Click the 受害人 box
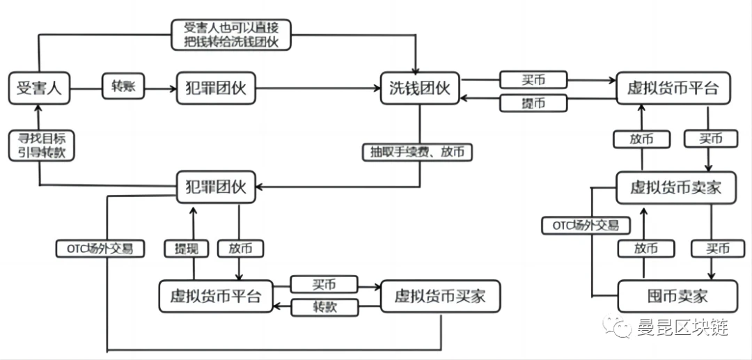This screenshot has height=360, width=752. click(x=40, y=88)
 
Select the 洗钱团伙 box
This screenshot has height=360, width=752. click(x=420, y=88)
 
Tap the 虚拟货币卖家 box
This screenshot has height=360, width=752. click(x=675, y=187)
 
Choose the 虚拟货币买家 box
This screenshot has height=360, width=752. click(x=440, y=297)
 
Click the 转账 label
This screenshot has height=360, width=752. click(x=123, y=87)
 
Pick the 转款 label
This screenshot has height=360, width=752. click(x=324, y=307)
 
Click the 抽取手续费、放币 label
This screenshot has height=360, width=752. click(x=416, y=152)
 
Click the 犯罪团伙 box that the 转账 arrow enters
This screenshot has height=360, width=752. click(x=216, y=88)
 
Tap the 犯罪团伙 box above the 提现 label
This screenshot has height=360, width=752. click(x=216, y=187)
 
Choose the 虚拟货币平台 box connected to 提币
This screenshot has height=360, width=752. click(x=673, y=88)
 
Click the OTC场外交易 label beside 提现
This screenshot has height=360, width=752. click(x=100, y=248)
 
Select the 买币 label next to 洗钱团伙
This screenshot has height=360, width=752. click(x=534, y=79)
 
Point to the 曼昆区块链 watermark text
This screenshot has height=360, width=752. click(x=682, y=327)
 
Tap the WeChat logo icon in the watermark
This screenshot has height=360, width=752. click(x=618, y=325)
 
